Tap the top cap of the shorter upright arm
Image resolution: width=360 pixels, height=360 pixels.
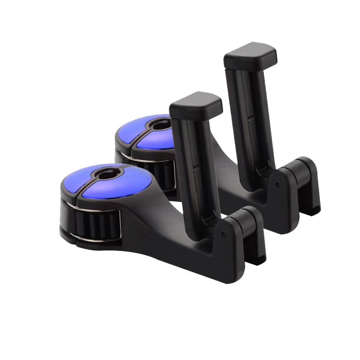point(197,103)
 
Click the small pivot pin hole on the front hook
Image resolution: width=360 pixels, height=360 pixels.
point(223,234)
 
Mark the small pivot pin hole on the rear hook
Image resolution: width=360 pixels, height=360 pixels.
point(279,184)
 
